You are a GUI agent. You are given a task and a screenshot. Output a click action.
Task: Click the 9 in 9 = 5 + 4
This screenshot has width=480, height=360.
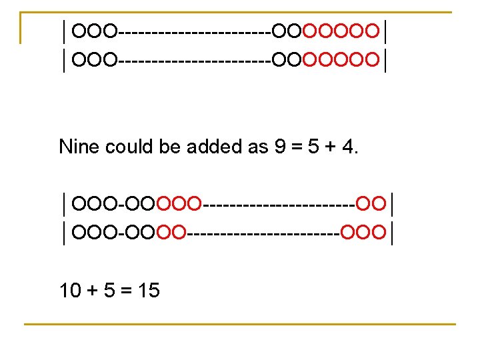(281, 147)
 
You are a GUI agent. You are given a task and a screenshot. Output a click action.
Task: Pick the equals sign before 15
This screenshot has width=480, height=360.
(127, 291)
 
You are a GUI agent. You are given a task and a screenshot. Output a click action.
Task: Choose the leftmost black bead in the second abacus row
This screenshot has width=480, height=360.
(81, 61)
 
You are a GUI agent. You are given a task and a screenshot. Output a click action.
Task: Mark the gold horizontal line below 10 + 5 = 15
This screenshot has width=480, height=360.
(240, 325)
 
